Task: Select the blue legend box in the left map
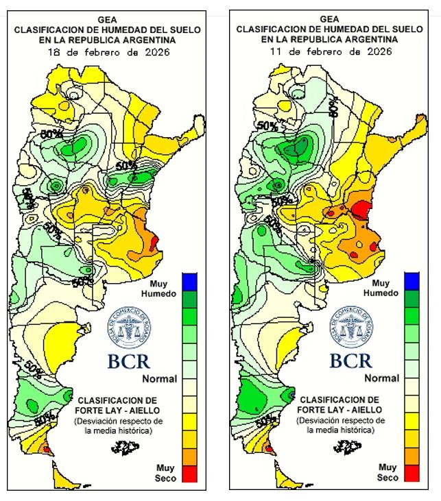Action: pos(189,281)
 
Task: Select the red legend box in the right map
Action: pos(412,473)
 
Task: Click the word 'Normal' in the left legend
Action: pos(159,379)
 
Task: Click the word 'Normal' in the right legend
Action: pos(381,378)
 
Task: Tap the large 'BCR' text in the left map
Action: pos(128,361)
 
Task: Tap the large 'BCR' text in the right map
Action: pos(350,361)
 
